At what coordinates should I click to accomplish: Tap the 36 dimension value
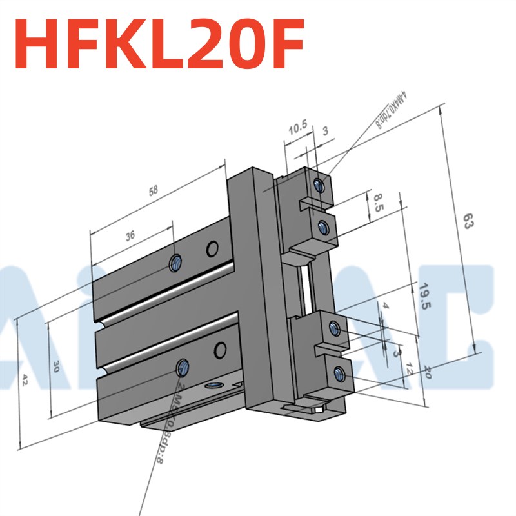[130, 236]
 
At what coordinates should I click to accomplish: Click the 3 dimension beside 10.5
[325, 131]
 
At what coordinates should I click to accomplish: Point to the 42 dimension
[25, 379]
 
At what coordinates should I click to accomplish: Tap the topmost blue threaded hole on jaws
[319, 185]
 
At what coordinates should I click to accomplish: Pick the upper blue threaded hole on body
[175, 261]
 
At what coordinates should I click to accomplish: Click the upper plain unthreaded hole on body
[212, 248]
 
